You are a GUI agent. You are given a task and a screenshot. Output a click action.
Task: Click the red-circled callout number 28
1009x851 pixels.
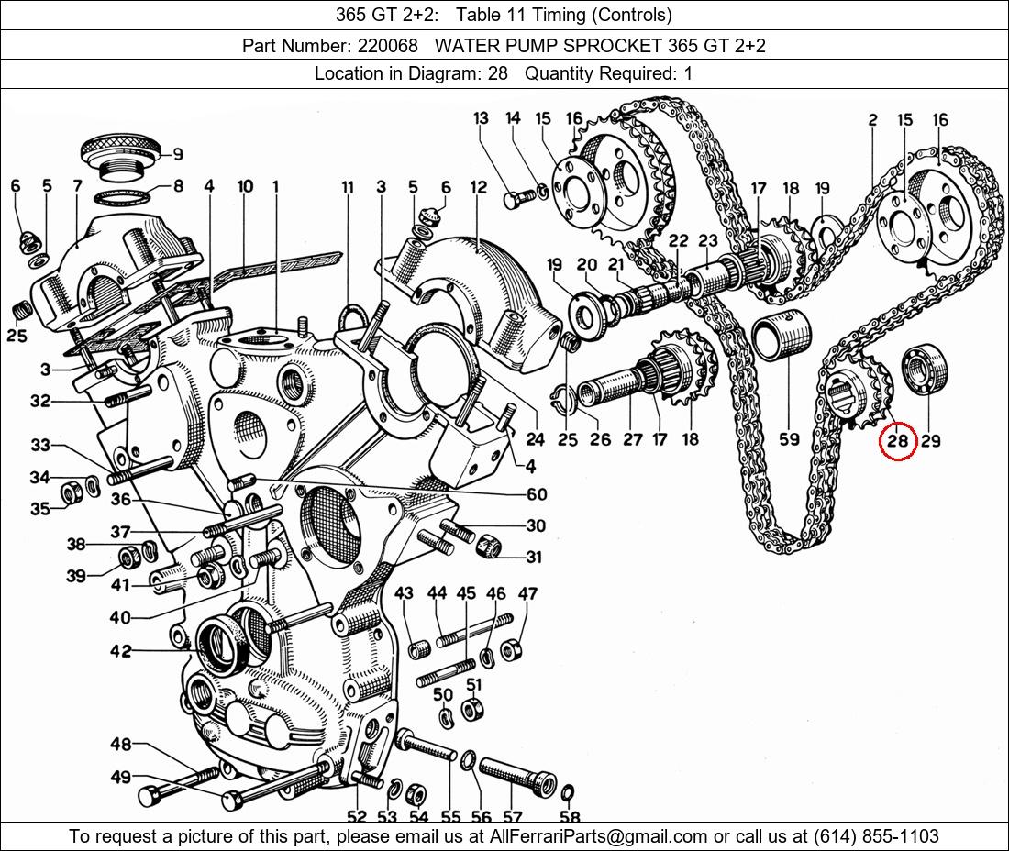[897, 441]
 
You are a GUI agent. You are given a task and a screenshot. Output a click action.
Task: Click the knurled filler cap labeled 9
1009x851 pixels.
[121, 147]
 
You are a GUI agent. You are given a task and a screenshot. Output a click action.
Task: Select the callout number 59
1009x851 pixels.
[789, 439]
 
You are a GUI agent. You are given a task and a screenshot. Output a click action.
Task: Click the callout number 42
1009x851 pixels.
[121, 651]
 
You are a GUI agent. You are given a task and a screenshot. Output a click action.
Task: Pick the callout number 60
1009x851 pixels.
[537, 494]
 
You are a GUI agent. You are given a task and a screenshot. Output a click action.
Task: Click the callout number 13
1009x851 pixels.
[482, 118]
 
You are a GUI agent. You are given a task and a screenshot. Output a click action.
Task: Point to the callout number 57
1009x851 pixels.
[512, 817]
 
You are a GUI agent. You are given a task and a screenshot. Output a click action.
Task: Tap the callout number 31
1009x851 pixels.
[535, 557]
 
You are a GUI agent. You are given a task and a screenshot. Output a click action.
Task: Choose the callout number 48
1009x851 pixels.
[121, 744]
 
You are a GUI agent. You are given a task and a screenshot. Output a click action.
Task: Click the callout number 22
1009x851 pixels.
[678, 240]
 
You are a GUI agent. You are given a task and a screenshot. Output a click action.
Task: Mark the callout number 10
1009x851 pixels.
[245, 187]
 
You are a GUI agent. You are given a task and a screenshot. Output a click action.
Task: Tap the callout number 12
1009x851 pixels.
[478, 187]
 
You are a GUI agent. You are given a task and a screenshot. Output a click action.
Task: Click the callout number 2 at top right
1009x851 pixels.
[871, 120]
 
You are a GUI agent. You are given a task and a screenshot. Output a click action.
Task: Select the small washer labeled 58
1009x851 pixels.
[567, 791]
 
